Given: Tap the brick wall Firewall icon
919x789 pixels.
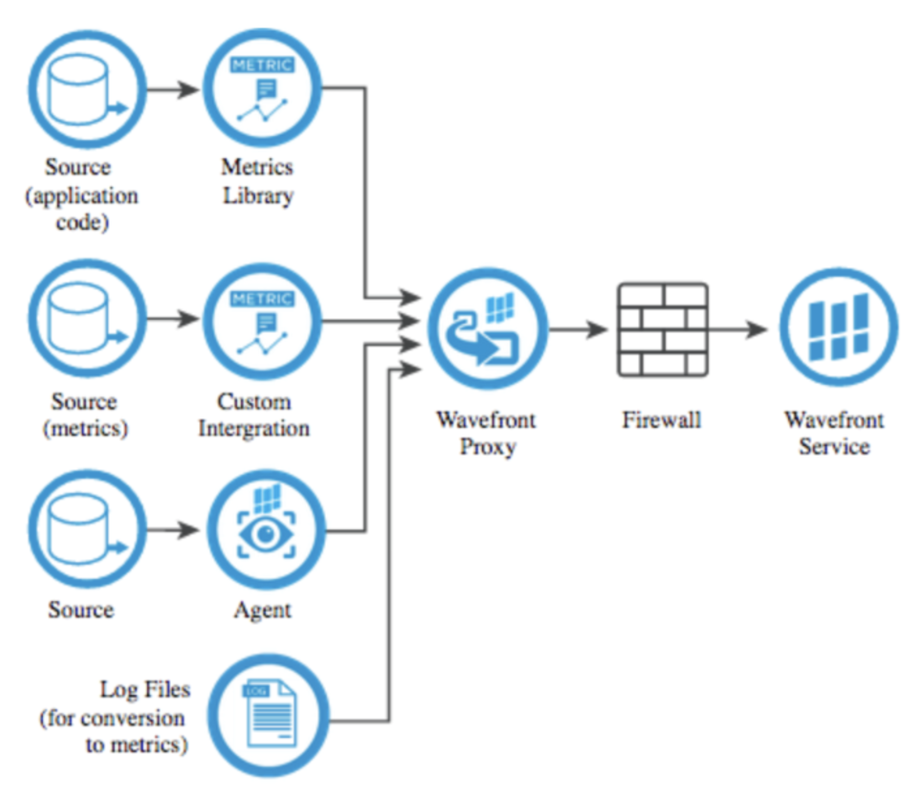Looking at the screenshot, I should pos(663,329).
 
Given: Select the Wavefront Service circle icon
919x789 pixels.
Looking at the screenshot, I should pos(839,327).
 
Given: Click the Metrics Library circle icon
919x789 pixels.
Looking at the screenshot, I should pos(262,89).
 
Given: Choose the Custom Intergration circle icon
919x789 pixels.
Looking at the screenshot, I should pos(262,320).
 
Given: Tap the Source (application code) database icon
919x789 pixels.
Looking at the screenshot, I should pos(87,89).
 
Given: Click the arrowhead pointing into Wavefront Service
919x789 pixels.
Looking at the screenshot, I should pos(757,329).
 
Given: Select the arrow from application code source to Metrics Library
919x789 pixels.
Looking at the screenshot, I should pos(173,89).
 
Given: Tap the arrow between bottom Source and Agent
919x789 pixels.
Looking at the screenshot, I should pos(173,530).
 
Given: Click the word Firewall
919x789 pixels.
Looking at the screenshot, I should pos(662,420).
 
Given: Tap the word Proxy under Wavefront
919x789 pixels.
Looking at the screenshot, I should pos(487,447).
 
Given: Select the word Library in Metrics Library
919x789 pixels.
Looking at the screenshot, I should pos(258,196).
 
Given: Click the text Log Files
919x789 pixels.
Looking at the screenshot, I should pos(145,689).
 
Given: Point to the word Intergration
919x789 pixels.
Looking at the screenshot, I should pos(254,428).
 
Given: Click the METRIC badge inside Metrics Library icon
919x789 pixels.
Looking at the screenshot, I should pos(262,65).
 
